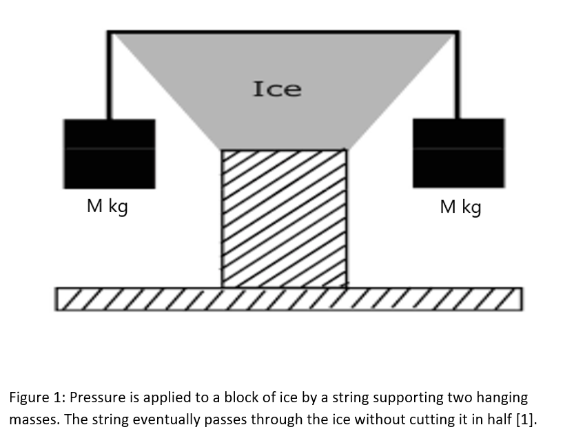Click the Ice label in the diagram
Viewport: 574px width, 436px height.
pyautogui.click(x=277, y=89)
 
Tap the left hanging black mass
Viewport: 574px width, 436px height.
pyautogui.click(x=109, y=154)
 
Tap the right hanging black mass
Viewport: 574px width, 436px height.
pyautogui.click(x=458, y=153)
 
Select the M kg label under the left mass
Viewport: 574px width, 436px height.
pyautogui.click(x=107, y=206)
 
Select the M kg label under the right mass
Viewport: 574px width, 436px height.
pyautogui.click(x=460, y=206)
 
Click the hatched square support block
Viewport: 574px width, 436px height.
pyautogui.click(x=284, y=218)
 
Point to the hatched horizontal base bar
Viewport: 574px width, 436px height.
pyautogui.click(x=289, y=298)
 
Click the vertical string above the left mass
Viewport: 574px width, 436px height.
pyautogui.click(x=109, y=76)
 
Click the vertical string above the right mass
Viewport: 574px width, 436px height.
pyautogui.click(x=457, y=76)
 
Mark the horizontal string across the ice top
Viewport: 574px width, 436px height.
pyautogui.click(x=283, y=31)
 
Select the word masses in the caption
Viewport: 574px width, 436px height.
pyautogui.click(x=31, y=419)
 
